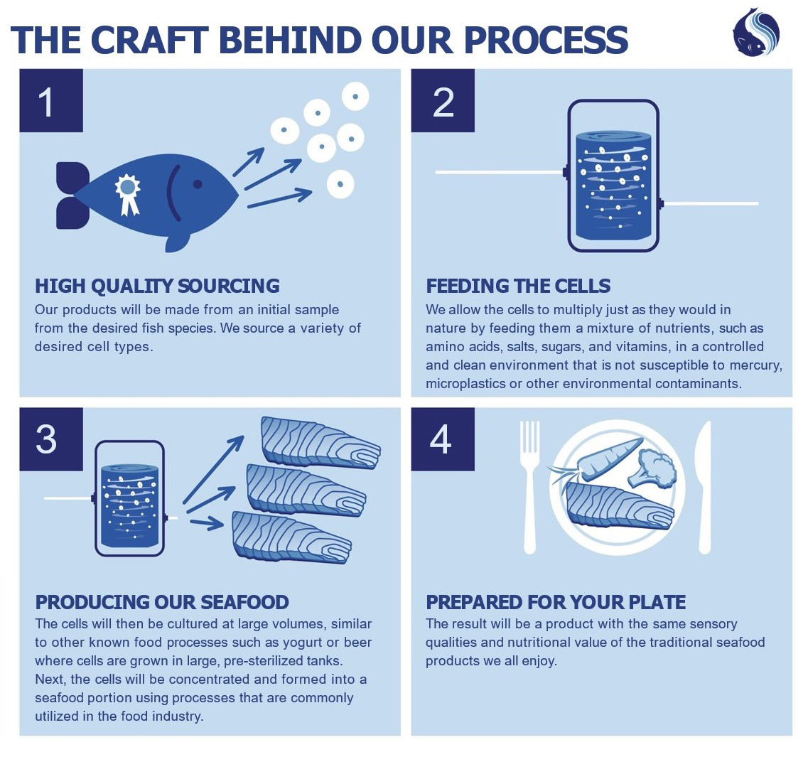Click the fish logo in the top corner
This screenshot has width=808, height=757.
(x=756, y=32)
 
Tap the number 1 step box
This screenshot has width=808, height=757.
(x=50, y=102)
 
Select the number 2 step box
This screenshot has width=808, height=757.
(x=443, y=102)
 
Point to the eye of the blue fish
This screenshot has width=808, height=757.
(x=197, y=184)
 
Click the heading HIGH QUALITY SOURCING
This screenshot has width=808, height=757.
(x=157, y=286)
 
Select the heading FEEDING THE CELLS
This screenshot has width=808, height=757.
(x=518, y=286)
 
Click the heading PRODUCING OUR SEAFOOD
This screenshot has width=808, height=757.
(x=162, y=602)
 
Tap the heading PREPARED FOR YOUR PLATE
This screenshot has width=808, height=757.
(x=555, y=602)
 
